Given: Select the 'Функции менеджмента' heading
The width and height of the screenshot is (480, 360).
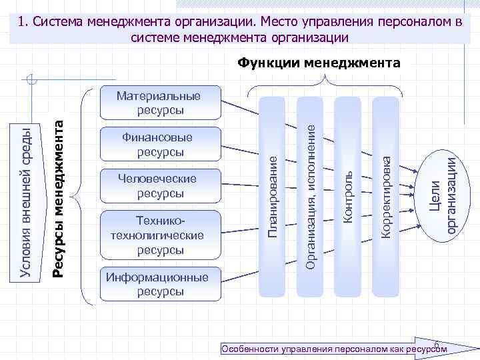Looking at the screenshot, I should pyautogui.click(x=319, y=64).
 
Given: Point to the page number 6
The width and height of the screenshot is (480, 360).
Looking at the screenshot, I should pyautogui.click(x=436, y=344).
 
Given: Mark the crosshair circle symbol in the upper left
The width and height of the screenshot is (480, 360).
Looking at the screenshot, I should pyautogui.click(x=31, y=82).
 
